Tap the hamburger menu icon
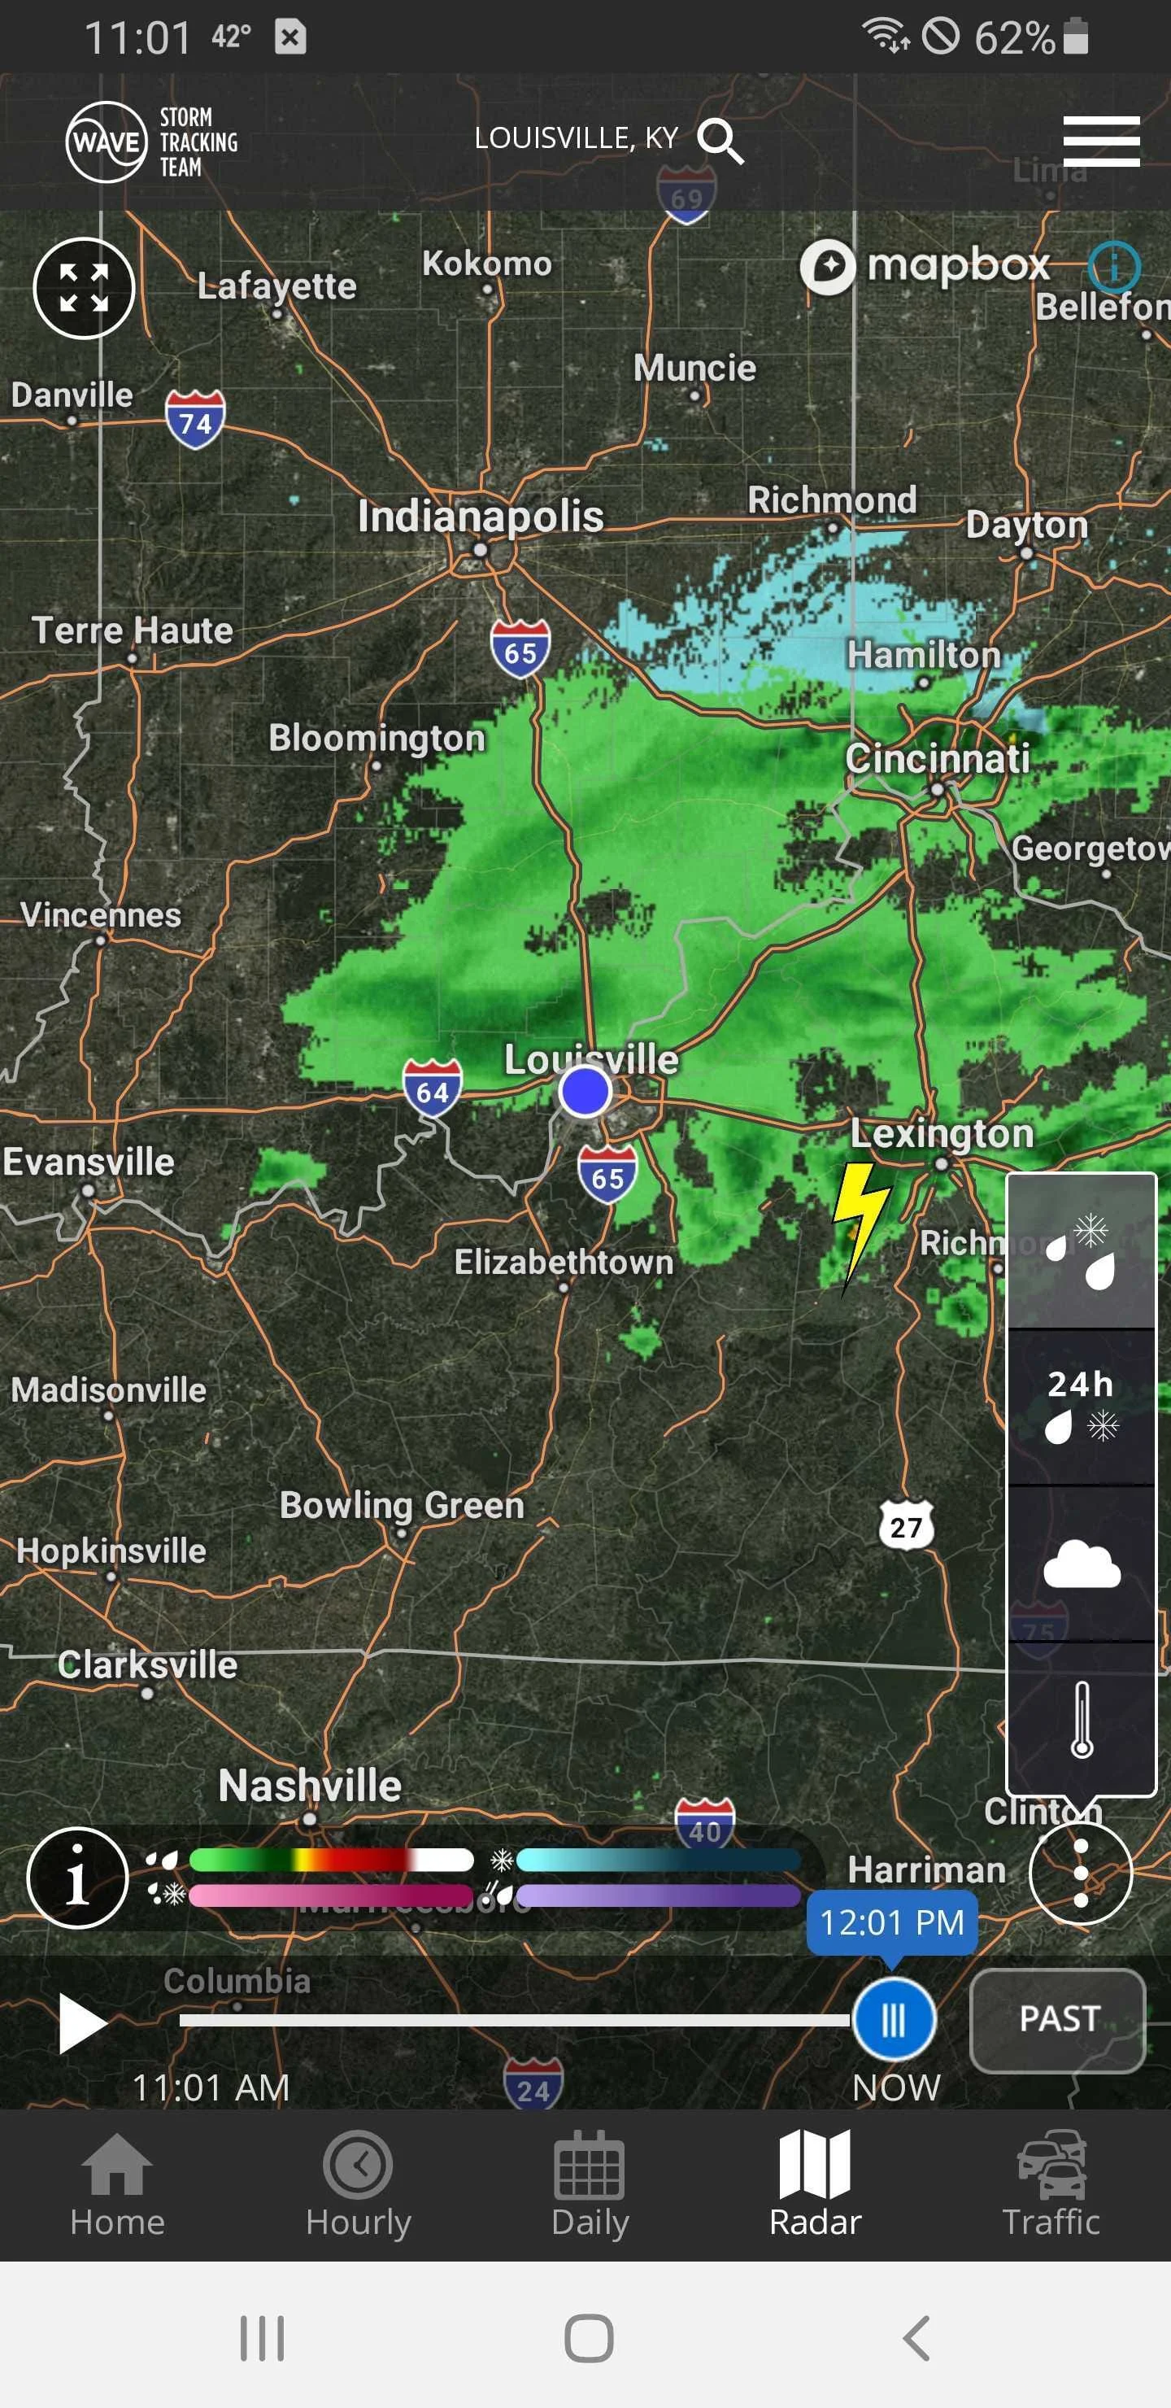1101,142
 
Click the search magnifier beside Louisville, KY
720,142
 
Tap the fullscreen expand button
84,288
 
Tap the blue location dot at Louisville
585,1091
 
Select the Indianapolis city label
481,517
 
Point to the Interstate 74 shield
195,420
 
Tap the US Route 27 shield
906,1526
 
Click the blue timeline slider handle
894,2020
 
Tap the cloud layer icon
1082,1564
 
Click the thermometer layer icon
1082,1720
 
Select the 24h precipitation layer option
1082,1405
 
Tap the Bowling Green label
402,1506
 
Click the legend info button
77,1876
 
